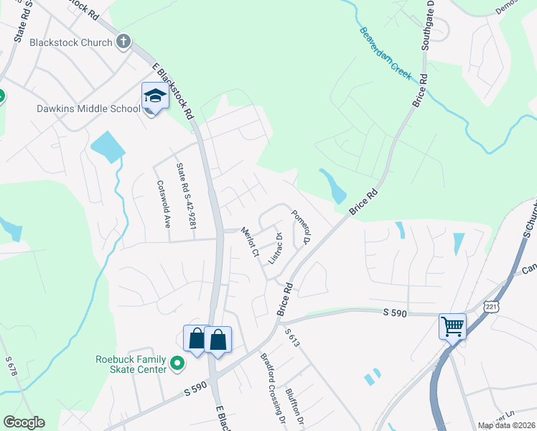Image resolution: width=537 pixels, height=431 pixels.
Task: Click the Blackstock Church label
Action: pyautogui.click(x=71, y=42)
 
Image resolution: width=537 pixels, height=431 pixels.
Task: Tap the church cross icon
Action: pyautogui.click(x=123, y=42)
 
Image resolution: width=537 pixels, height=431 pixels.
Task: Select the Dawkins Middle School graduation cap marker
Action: pyautogui.click(x=154, y=96)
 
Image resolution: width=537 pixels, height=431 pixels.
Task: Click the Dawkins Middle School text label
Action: pyautogui.click(x=78, y=109)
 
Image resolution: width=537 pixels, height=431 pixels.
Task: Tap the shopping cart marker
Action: pyautogui.click(x=452, y=327)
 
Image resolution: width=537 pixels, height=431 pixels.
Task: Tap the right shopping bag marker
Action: pyautogui.click(x=218, y=339)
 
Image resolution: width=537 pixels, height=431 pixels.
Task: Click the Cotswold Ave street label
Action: pyautogui.click(x=162, y=203)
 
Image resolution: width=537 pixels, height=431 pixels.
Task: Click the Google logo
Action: pyautogui.click(x=24, y=422)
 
